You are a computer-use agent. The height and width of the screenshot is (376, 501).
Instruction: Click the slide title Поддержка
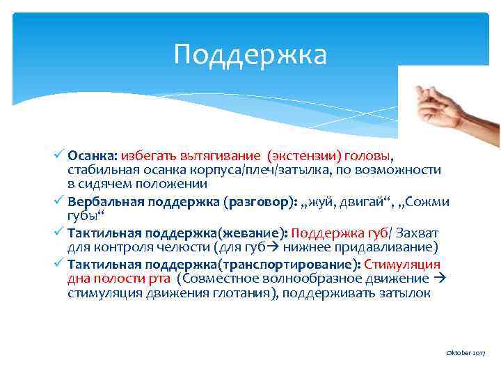coord(250,54)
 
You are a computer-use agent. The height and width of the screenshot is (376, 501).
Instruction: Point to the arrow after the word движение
coord(438,279)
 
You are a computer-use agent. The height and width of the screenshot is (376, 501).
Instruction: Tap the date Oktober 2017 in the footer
coord(466,354)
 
